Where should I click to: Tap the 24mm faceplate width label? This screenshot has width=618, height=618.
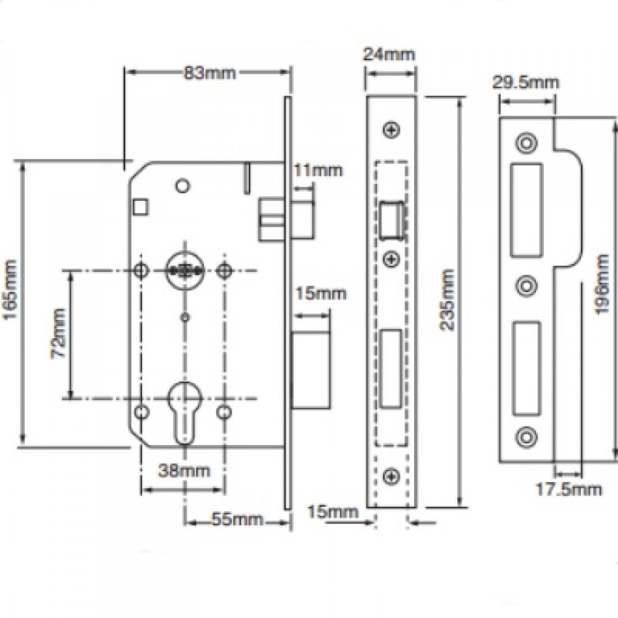point(389,54)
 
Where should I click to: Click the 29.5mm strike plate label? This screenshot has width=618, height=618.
point(526,83)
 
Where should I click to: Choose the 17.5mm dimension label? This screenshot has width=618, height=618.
point(568,489)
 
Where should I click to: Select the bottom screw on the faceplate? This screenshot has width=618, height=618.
point(391,476)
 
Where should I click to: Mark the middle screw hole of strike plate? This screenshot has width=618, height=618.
point(526,285)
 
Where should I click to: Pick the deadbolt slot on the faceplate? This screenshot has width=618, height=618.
point(391,368)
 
